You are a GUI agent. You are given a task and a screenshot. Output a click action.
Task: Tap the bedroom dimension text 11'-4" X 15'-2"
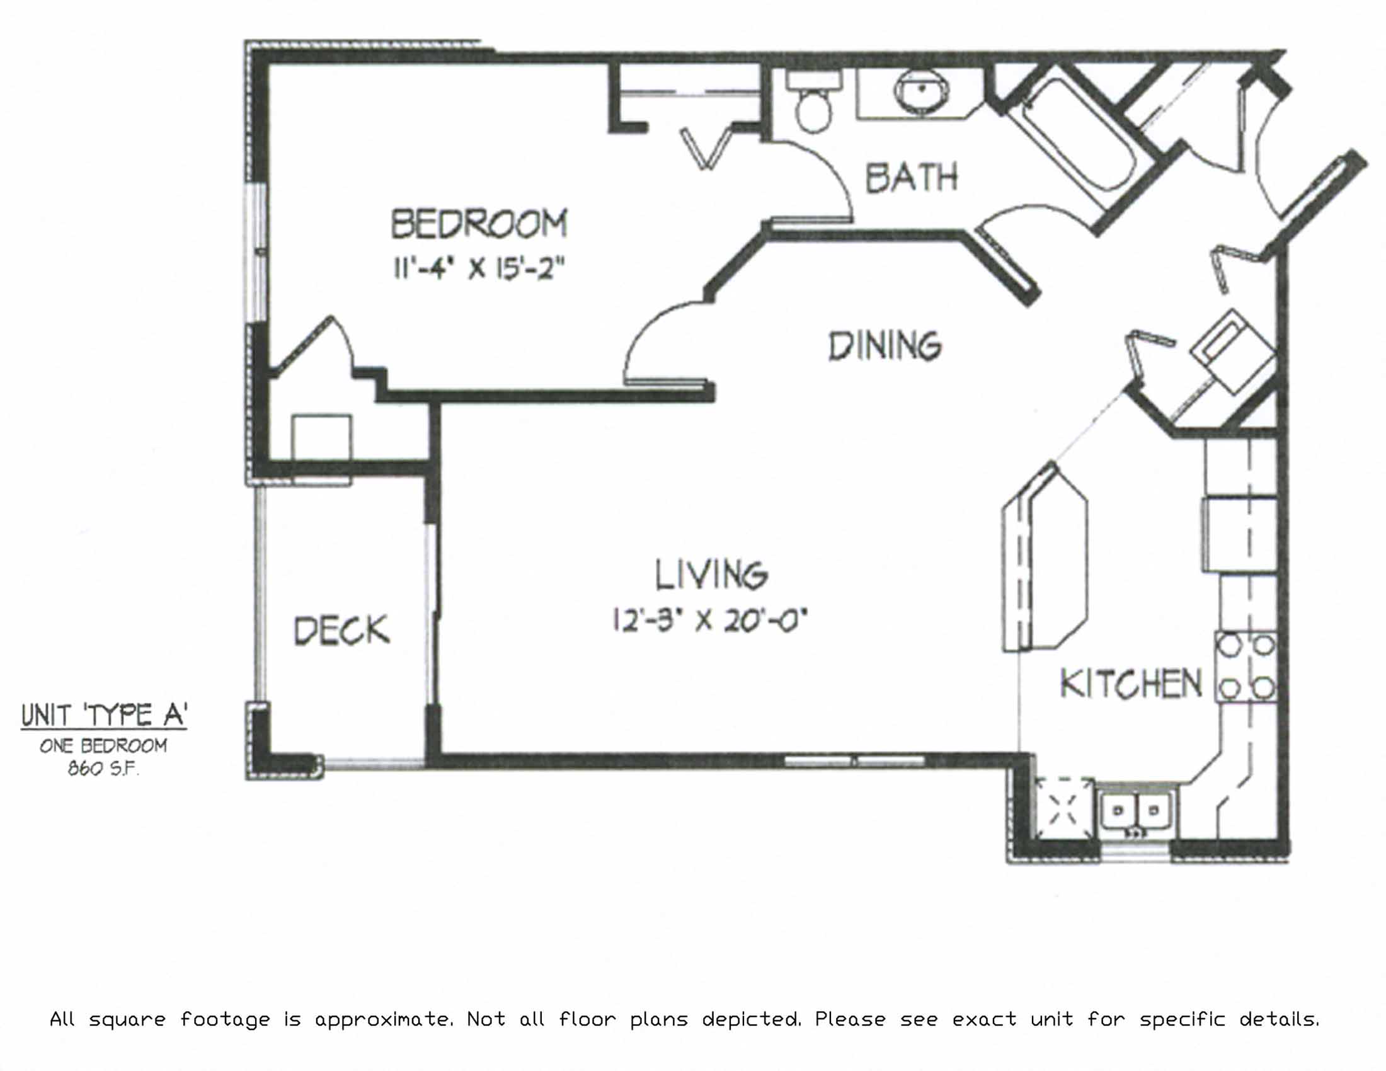(479, 269)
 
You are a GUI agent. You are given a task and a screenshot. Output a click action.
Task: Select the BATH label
(912, 177)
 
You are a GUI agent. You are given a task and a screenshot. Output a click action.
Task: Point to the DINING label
(885, 346)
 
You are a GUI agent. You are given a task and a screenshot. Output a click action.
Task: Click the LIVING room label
(711, 574)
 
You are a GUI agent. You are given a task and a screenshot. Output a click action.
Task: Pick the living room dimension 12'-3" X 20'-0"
(709, 621)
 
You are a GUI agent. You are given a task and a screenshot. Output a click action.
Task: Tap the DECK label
(341, 631)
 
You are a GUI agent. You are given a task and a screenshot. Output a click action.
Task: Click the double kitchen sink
(1137, 810)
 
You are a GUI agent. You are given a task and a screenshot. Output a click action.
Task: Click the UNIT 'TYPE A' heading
(104, 715)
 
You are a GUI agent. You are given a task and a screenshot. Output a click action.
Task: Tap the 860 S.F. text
(103, 769)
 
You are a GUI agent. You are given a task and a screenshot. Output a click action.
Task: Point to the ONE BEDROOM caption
(103, 745)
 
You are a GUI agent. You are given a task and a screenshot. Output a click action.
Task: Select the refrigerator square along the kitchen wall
(1239, 535)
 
